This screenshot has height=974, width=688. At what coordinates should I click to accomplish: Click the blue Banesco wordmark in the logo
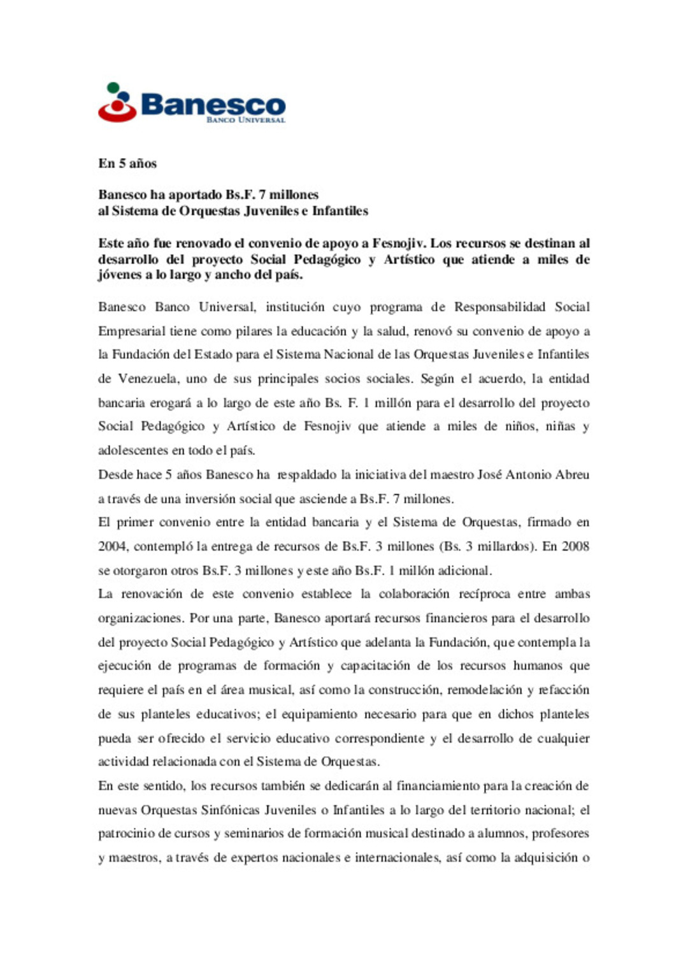(213, 104)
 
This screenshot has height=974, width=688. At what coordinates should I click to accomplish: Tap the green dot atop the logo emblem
(113, 87)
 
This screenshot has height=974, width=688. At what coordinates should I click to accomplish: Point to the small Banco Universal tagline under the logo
(245, 120)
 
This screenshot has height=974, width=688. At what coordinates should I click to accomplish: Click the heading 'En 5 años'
(127, 163)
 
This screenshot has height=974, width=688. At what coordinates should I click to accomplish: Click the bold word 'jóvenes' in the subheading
(120, 275)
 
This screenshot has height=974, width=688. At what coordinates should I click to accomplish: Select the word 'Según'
(437, 379)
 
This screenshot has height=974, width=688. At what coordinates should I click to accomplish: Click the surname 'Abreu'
(572, 474)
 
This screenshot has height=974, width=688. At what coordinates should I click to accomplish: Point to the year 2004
(113, 546)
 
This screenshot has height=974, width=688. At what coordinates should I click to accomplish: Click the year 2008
(575, 546)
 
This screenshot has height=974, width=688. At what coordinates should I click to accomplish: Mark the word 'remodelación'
(484, 690)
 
